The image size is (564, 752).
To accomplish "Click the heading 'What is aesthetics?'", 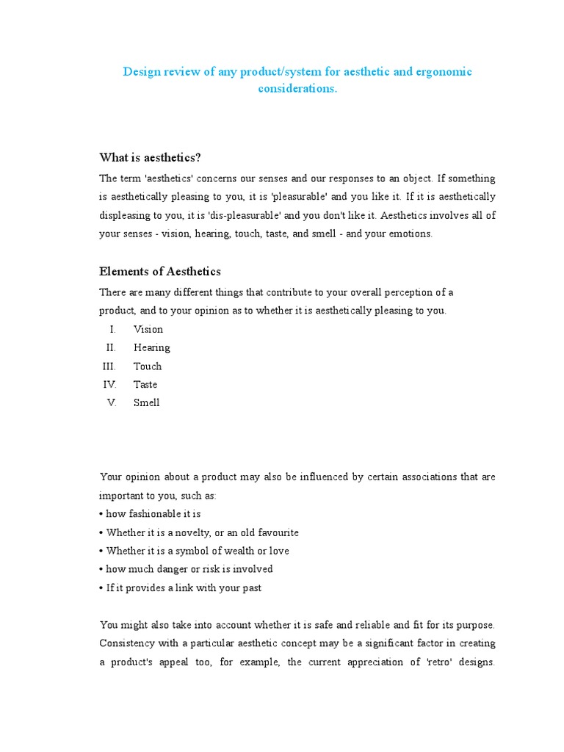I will pyautogui.click(x=150, y=158).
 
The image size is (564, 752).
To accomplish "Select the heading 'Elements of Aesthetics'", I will pyautogui.click(x=160, y=272).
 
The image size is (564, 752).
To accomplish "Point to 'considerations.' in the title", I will pyautogui.click(x=297, y=89).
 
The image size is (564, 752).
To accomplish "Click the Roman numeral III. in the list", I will pyautogui.click(x=109, y=366).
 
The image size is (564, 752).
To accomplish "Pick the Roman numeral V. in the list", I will pyautogui.click(x=112, y=403).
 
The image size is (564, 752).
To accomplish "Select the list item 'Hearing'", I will pyautogui.click(x=151, y=348).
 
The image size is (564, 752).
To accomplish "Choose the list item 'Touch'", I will pyautogui.click(x=148, y=366).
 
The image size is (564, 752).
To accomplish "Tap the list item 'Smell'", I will pyautogui.click(x=146, y=403).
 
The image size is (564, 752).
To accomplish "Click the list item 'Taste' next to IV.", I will pyautogui.click(x=145, y=385).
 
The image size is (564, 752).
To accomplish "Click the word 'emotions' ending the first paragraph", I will pyautogui.click(x=411, y=234).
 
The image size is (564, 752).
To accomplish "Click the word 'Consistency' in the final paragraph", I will pyautogui.click(x=128, y=643).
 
